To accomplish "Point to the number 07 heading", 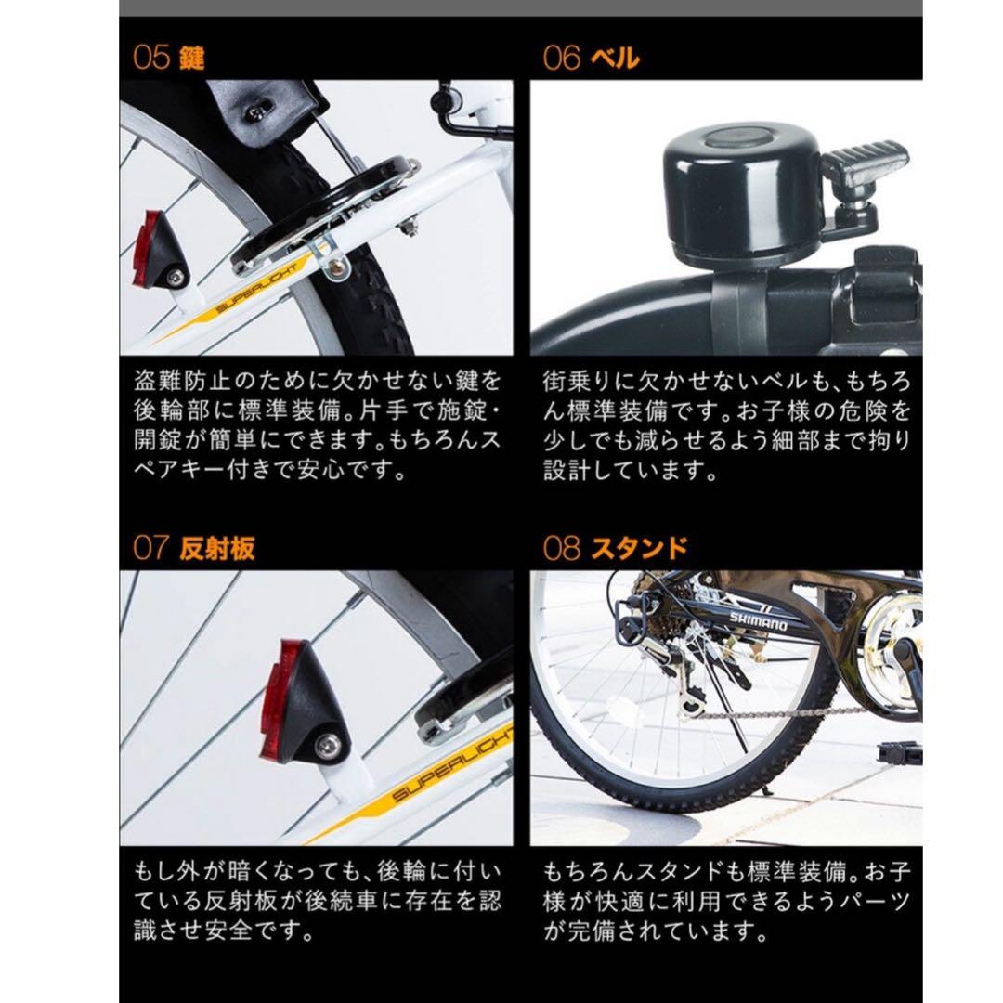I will point(151,548).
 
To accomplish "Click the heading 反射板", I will point(216,548).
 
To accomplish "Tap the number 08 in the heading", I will point(561,548).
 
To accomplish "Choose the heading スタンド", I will point(639,548).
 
